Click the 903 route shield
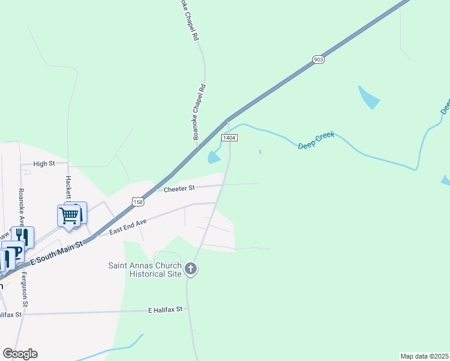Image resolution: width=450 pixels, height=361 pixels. click(318, 59)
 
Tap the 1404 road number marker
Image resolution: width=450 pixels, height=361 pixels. click(229, 138)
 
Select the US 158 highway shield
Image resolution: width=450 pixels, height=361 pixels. click(138, 200)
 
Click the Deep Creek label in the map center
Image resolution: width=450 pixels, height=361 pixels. click(316, 141)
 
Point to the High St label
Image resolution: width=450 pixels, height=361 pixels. click(44, 164)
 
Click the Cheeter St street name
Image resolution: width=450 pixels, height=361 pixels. click(179, 188)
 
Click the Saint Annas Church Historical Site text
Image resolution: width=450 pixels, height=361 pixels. click(144, 269)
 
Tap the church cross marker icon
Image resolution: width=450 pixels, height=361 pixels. click(191, 268)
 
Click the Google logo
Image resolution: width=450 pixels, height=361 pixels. click(20, 353)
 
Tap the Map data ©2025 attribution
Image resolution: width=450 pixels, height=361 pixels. click(424, 356)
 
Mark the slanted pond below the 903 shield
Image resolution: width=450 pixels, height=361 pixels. click(368, 97)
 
